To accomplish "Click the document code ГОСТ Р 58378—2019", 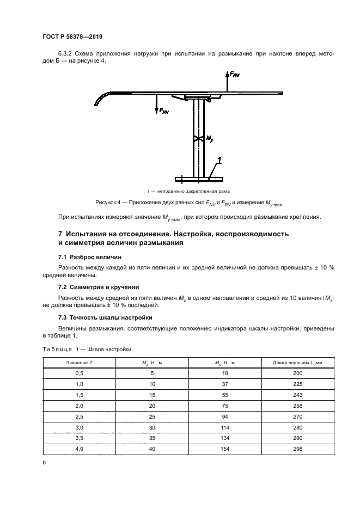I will (x=72, y=36).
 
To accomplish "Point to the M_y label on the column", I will (x=209, y=139).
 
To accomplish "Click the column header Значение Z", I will (x=78, y=363).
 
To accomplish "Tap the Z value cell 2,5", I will (x=78, y=416).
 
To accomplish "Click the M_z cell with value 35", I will (x=152, y=438).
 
